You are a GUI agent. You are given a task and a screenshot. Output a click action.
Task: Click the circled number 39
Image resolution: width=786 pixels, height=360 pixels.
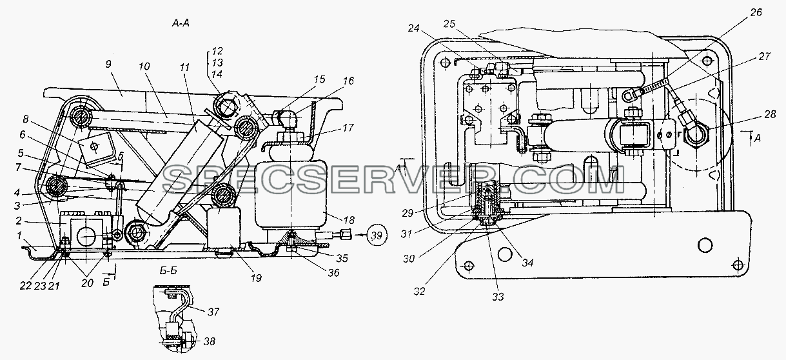click(x=377, y=235)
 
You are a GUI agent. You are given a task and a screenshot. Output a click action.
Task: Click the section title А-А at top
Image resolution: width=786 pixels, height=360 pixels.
click(x=181, y=23)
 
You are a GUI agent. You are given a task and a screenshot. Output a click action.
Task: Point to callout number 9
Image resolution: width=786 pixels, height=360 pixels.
click(x=108, y=65)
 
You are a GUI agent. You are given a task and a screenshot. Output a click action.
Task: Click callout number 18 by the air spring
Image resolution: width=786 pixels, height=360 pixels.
click(x=349, y=220)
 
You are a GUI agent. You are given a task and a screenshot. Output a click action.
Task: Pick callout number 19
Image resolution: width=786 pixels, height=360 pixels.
click(x=256, y=278)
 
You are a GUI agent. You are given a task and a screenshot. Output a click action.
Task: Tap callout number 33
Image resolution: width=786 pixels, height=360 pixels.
click(x=498, y=297)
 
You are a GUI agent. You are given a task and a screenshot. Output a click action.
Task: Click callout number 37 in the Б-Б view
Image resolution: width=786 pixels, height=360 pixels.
click(x=213, y=312)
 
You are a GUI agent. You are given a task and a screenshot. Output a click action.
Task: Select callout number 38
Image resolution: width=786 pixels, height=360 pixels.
click(x=209, y=341)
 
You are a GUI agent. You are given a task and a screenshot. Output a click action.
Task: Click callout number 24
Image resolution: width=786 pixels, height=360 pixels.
click(x=414, y=28)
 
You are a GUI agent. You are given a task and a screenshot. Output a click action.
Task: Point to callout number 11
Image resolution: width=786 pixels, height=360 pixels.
click(x=185, y=66)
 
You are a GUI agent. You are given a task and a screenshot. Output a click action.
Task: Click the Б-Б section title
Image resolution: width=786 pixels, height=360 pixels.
click(x=168, y=271)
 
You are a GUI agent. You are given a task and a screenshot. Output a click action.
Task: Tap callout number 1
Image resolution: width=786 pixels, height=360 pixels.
click(x=19, y=235)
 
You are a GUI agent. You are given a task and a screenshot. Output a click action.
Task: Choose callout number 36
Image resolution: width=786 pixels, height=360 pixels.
click(x=333, y=272)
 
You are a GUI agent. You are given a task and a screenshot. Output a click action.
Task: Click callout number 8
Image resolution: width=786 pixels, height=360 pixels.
click(x=25, y=119)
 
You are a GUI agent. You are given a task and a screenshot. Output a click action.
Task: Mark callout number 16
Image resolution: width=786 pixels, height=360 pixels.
click(x=348, y=81)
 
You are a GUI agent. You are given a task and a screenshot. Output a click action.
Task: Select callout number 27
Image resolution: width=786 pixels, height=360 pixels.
click(x=764, y=57)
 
